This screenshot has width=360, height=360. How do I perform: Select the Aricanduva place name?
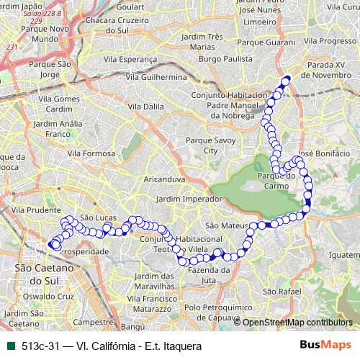[x=165, y=178]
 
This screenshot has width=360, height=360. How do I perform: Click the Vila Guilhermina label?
[x=156, y=76]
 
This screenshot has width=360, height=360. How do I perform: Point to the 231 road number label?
[x=11, y=48]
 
